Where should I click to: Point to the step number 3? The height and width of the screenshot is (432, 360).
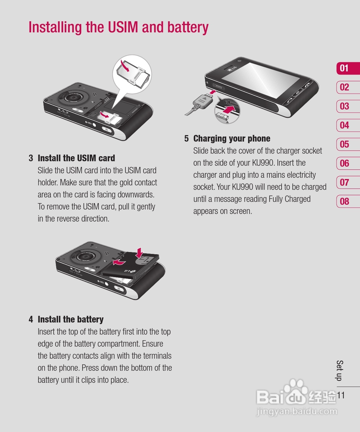(x=31, y=158)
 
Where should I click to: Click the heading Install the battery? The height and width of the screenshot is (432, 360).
(x=70, y=319)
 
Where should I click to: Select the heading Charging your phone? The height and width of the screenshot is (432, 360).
(x=232, y=138)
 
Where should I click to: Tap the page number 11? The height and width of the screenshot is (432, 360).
(x=341, y=395)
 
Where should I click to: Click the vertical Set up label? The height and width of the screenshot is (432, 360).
(x=339, y=370)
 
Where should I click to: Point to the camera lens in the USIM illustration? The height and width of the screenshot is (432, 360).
(x=74, y=97)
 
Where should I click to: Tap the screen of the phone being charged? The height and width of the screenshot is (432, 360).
(x=261, y=81)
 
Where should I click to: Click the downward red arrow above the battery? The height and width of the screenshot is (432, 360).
(x=140, y=253)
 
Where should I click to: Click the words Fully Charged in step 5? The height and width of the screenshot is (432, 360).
(x=290, y=199)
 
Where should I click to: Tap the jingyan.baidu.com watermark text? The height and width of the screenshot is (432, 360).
(x=297, y=411)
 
